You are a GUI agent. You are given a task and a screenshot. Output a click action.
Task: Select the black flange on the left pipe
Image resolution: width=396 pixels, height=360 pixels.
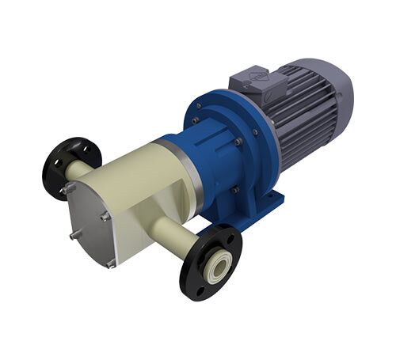tap(72, 166)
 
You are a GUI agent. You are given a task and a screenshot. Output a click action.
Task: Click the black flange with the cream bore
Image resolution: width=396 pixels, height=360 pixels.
tap(211, 264)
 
